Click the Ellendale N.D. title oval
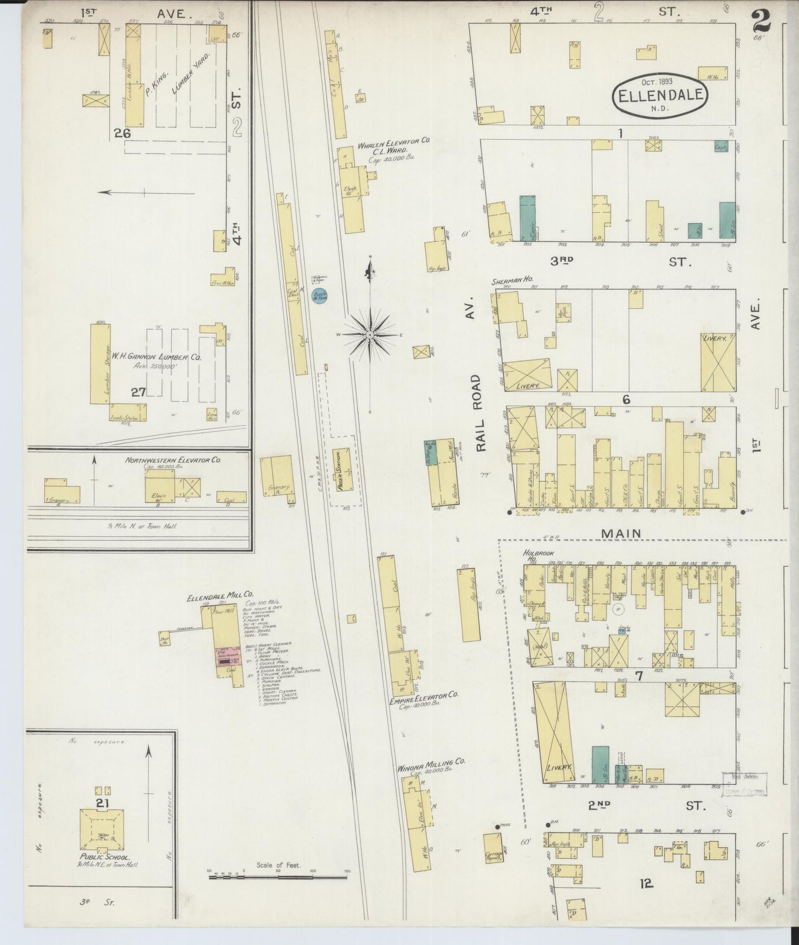click(660, 95)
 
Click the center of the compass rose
click(369, 335)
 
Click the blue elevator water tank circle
click(319, 296)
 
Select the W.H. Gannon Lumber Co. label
click(157, 358)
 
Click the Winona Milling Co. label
click(432, 762)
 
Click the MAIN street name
click(622, 533)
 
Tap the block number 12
click(646, 884)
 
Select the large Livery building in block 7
click(552, 732)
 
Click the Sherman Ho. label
click(507, 282)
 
